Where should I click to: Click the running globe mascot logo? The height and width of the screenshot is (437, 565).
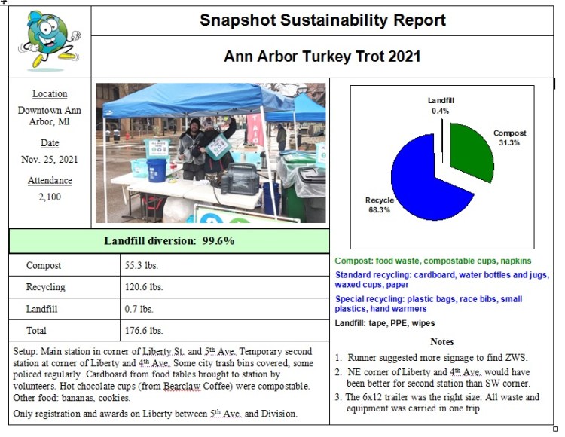pos(50,40)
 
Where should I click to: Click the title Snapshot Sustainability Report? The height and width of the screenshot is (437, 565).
pos(322,20)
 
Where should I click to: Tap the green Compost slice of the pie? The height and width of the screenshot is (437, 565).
pos(470,151)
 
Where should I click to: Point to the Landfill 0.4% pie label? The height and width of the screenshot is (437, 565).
pos(441,105)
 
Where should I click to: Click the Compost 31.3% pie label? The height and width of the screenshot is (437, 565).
pos(509,138)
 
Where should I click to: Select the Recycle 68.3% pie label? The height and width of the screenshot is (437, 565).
pos(380,205)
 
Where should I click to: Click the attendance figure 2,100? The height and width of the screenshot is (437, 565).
pos(50,197)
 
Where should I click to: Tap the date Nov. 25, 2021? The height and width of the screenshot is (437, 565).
pos(50,159)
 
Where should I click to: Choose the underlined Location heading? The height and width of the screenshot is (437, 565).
pos(50,93)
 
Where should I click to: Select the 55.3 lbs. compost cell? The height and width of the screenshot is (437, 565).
pos(142,265)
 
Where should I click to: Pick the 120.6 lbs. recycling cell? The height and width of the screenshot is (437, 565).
pos(144,287)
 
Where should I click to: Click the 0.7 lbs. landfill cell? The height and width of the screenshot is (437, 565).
pos(139,309)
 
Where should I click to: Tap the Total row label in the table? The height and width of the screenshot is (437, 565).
pos(36,330)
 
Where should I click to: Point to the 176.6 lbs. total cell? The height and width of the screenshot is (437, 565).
pos(144,330)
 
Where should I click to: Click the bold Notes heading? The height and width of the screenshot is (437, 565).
pos(441,341)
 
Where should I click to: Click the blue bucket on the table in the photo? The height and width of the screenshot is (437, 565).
pos(157,170)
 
